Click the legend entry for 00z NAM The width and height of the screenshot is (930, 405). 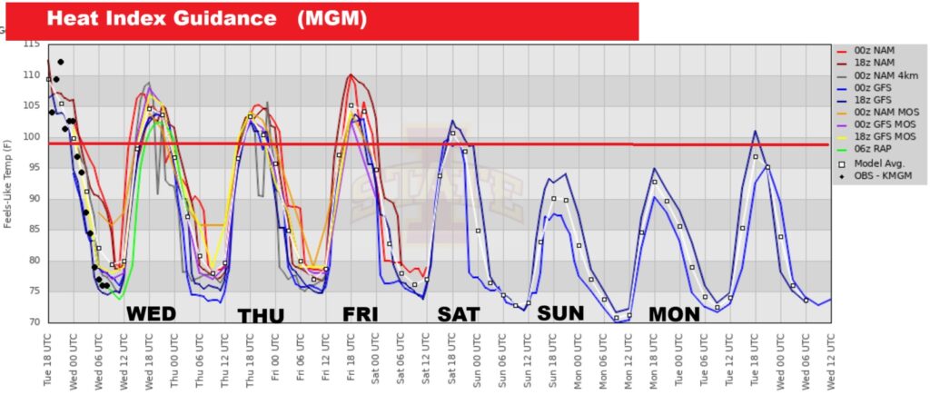click(x=876, y=52)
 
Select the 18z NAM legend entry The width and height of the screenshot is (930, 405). click(x=876, y=64)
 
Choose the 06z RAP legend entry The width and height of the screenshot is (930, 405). click(x=875, y=149)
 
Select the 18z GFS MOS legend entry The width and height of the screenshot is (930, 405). click(x=882, y=136)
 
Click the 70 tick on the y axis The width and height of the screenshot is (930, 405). click(x=33, y=322)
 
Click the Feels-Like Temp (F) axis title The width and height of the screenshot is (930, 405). click(x=9, y=182)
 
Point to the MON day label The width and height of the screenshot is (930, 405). click(x=674, y=314)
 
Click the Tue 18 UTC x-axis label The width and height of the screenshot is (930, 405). click(x=49, y=359)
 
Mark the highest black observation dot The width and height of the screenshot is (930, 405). click(x=61, y=62)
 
